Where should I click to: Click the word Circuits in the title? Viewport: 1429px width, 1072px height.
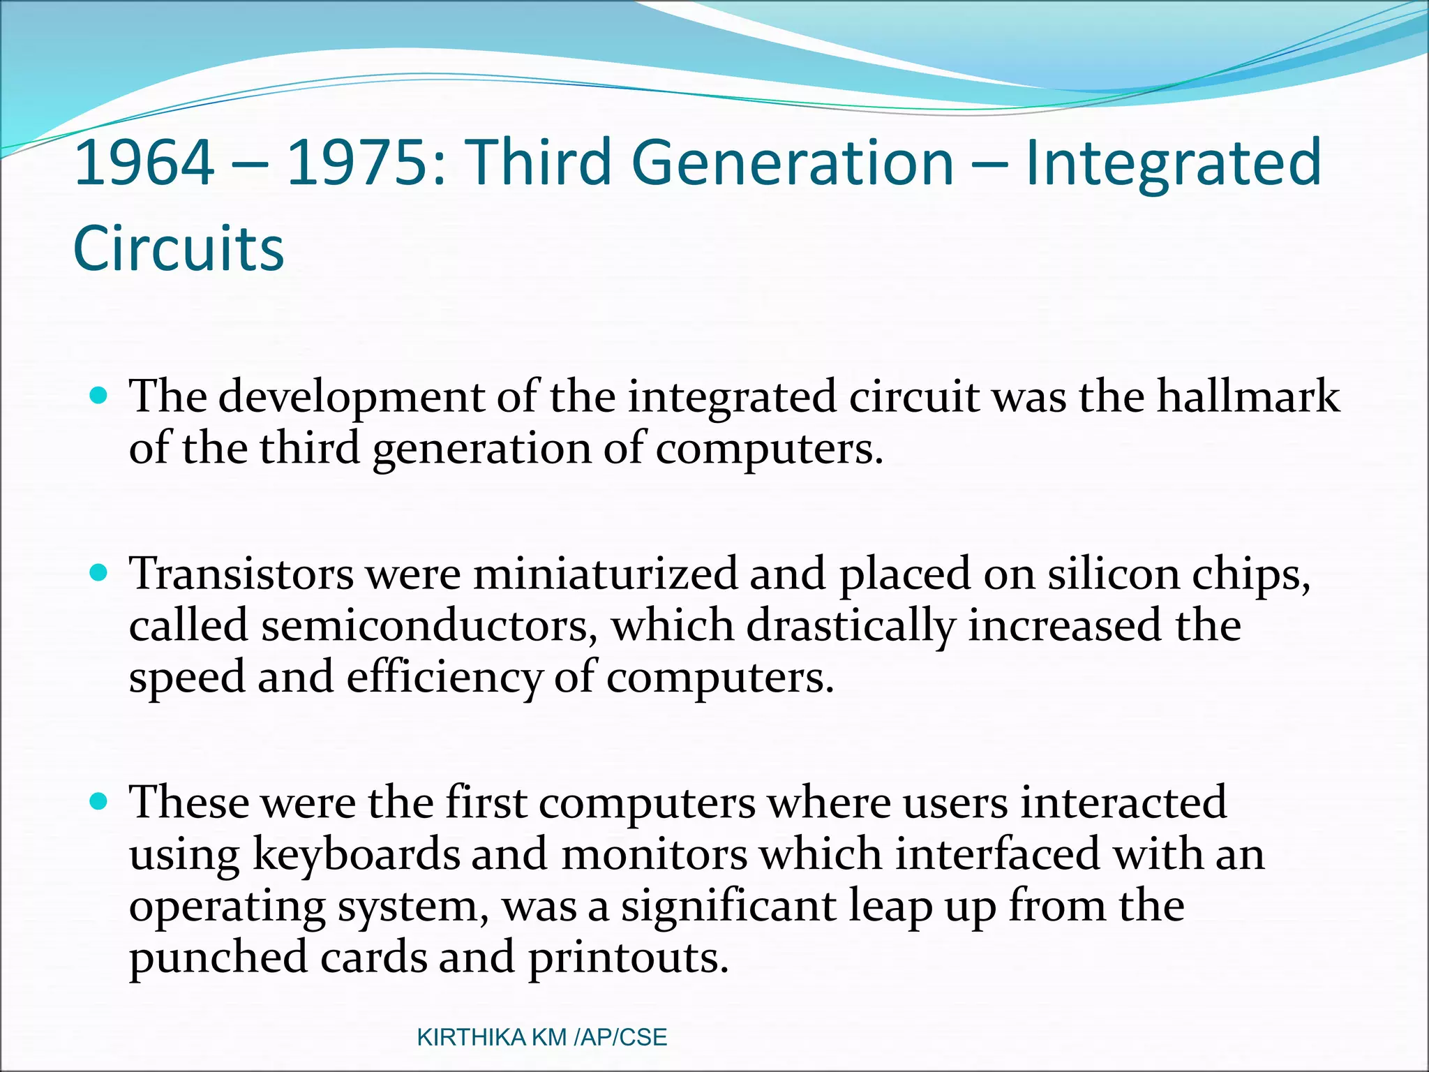[179, 248]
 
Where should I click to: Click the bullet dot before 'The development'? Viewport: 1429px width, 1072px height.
[99, 396]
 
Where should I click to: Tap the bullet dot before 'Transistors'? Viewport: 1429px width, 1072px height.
[99, 574]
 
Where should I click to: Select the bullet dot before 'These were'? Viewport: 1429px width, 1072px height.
[99, 801]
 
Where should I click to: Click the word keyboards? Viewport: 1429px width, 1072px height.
[356, 854]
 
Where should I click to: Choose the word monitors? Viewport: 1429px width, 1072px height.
[654, 854]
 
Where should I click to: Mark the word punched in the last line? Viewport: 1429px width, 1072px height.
[218, 958]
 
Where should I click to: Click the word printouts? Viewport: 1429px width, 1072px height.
[628, 958]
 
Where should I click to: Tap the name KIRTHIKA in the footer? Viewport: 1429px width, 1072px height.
[472, 1038]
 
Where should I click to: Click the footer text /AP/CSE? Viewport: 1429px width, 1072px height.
[620, 1038]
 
